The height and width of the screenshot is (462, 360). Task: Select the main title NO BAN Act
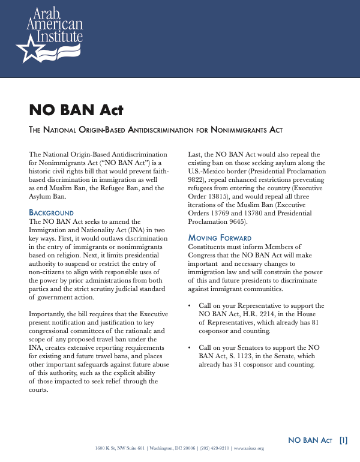tap(76, 110)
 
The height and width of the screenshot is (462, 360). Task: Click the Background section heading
tap(51, 213)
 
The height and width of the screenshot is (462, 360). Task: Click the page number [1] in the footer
tap(343, 440)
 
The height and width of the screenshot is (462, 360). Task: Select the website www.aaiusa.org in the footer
tap(248, 448)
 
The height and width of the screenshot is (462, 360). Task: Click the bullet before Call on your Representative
tap(190, 306)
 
